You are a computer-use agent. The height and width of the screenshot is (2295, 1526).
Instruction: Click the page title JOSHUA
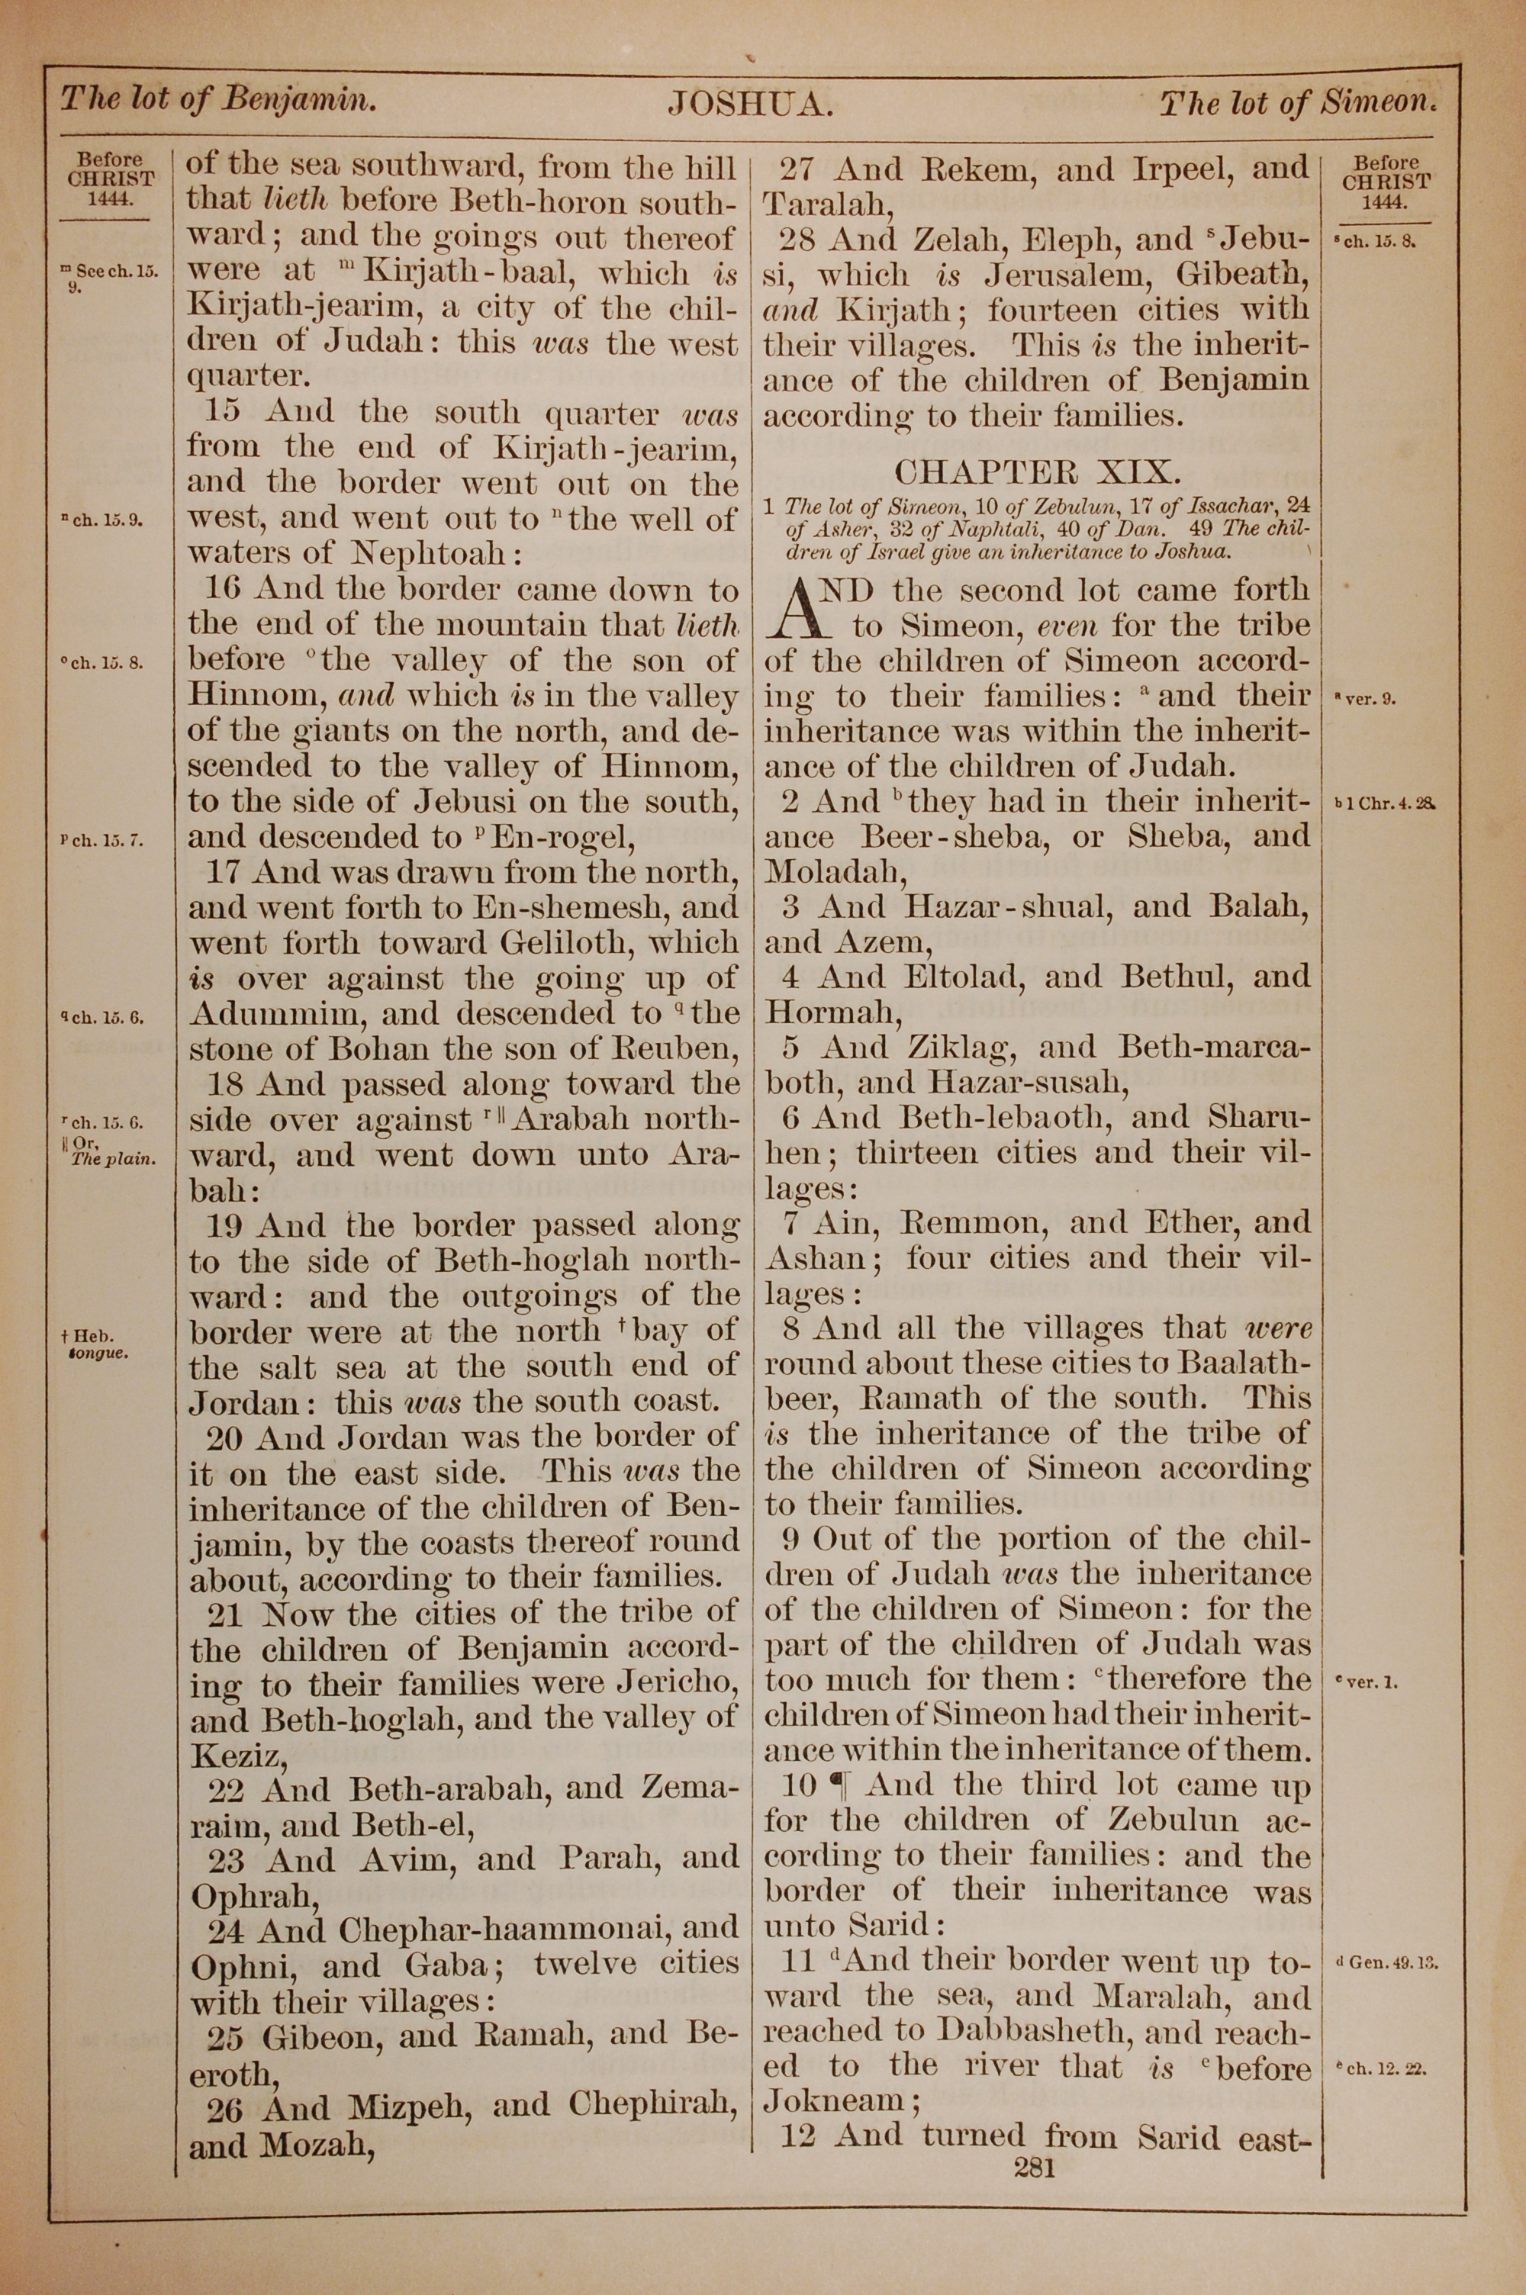tap(749, 103)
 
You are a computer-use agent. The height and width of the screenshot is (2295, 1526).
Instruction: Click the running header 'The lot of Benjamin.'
tap(218, 99)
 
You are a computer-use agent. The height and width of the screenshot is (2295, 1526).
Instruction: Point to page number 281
tap(1035, 2165)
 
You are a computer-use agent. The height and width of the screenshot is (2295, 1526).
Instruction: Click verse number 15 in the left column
tap(223, 411)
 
